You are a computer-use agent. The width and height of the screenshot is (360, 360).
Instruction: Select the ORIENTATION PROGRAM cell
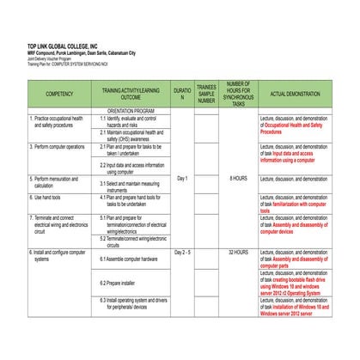click(x=131, y=111)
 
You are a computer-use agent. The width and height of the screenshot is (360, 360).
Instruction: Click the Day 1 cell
click(x=181, y=179)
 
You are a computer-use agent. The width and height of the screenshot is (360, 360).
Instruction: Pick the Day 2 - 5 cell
click(x=181, y=253)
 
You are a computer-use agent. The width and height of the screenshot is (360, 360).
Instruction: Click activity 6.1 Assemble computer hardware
click(x=129, y=259)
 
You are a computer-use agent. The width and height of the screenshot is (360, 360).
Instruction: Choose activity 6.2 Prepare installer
click(x=119, y=283)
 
